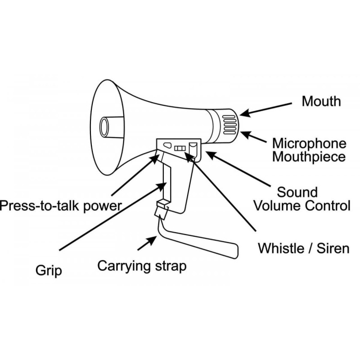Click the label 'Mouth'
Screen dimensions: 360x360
click(x=321, y=101)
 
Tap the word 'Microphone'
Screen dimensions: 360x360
click(x=309, y=143)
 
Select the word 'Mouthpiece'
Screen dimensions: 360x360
click(x=309, y=157)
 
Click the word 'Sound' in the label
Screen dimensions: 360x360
click(x=297, y=192)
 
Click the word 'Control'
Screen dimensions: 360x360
click(x=328, y=206)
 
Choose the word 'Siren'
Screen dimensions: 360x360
click(x=333, y=248)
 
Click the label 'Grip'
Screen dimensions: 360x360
click(x=49, y=271)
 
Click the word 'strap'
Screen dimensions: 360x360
click(x=171, y=266)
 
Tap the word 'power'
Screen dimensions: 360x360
click(x=103, y=207)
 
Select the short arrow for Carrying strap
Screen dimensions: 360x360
click(x=147, y=243)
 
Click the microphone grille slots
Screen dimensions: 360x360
click(x=229, y=125)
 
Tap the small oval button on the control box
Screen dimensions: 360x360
click(x=167, y=145)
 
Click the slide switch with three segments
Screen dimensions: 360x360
click(x=180, y=148)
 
